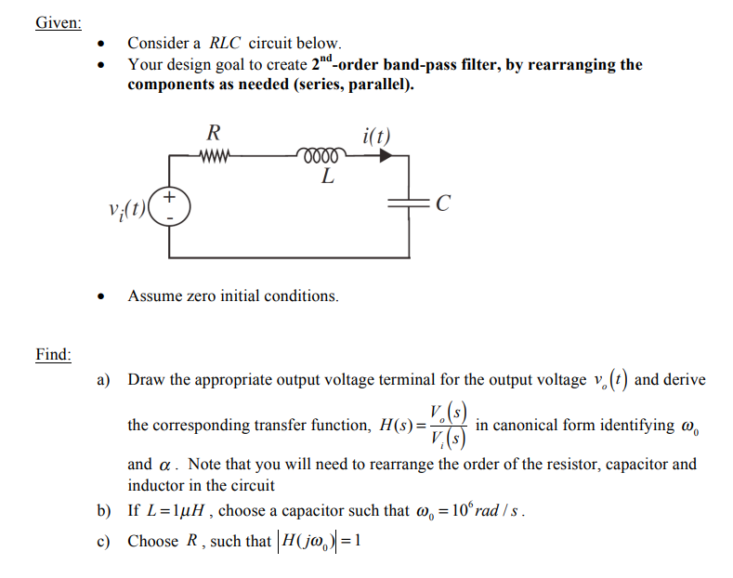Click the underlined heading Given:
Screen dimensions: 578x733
pos(58,22)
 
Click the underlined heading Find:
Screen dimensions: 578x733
pos(54,354)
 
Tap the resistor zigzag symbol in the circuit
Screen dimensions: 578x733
pos(214,155)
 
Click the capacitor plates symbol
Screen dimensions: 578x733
pos(410,204)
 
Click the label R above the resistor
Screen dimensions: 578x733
pos(213,133)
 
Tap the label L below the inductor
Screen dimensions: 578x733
pos(327,177)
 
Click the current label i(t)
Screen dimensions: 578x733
pos(374,136)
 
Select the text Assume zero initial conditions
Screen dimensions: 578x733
pos(233,296)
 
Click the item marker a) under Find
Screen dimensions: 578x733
pos(104,380)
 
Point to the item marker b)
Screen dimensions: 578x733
pos(104,511)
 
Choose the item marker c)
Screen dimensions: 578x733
pos(104,541)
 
